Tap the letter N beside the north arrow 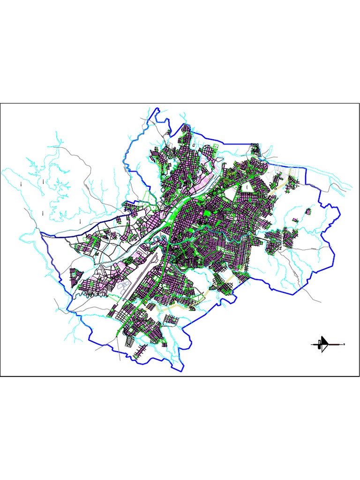345,345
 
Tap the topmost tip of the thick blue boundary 158,109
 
